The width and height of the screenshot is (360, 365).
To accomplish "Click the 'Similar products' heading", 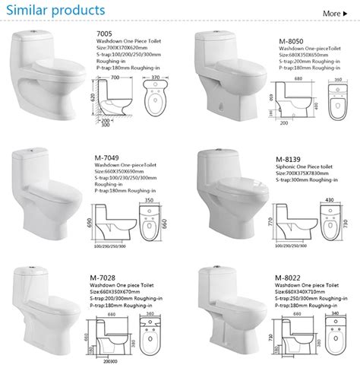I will tap(54, 11).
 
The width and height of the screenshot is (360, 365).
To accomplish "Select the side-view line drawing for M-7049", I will tap(111, 224).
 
